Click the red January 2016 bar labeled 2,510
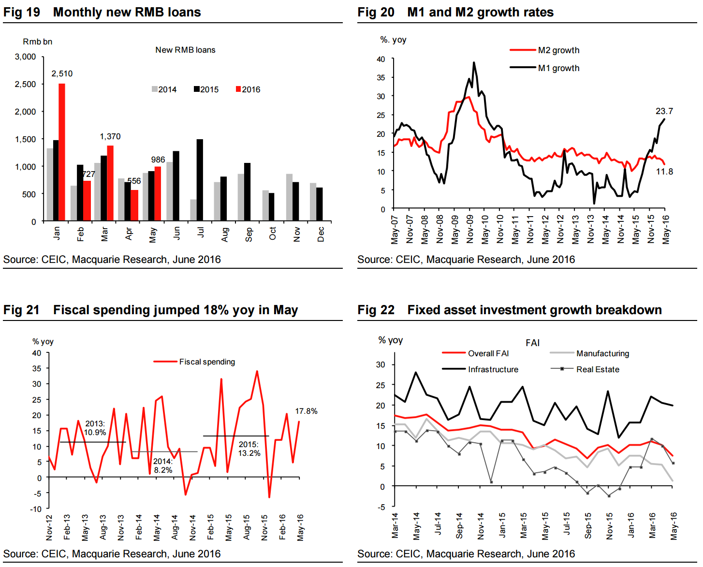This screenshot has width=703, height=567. [62, 152]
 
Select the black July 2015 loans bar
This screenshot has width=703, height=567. [200, 180]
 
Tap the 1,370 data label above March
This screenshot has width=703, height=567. [110, 136]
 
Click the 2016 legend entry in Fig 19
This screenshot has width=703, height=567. [248, 89]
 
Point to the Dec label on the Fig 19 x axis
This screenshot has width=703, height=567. [321, 234]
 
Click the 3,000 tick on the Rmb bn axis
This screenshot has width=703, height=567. [26, 57]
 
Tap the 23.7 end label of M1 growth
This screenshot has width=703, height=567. [664, 111]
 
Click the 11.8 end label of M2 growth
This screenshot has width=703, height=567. [664, 172]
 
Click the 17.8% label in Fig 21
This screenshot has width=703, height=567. [306, 411]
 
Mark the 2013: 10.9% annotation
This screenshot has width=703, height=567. [95, 428]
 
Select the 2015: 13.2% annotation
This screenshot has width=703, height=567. [249, 449]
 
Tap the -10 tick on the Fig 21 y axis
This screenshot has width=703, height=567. [36, 509]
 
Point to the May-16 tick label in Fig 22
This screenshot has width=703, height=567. [674, 526]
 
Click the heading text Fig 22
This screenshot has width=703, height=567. [376, 310]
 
